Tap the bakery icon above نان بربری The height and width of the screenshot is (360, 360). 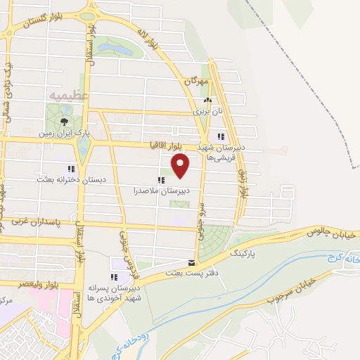[207, 101]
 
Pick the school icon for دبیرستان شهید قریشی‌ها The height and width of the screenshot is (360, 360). [221, 136]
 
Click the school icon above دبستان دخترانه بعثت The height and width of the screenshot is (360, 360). [70, 169]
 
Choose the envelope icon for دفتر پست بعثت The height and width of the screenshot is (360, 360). [192, 262]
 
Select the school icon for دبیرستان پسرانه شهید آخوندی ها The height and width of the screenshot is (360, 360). [113, 280]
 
